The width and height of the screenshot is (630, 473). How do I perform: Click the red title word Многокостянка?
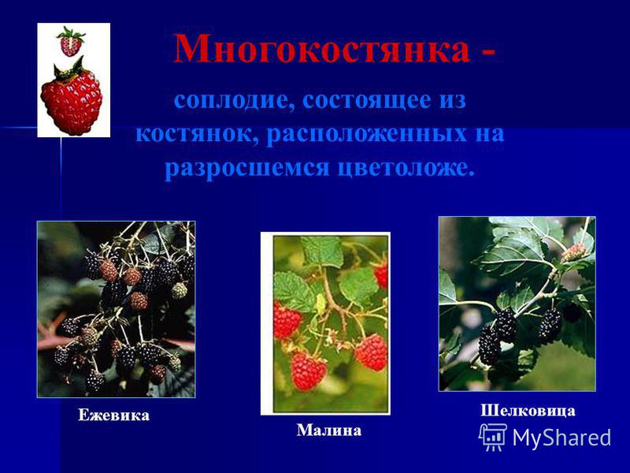(322, 49)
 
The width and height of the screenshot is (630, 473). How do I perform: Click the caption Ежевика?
(113, 415)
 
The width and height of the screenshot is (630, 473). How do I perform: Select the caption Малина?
(329, 430)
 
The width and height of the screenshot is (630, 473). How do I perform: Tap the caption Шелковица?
(528, 411)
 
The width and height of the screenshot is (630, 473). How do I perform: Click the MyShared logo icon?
(493, 438)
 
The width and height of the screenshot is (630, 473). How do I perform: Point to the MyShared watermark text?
(561, 438)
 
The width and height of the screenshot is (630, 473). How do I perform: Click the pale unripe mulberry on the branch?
(574, 252)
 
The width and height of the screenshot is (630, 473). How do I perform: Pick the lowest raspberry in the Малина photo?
(307, 371)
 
